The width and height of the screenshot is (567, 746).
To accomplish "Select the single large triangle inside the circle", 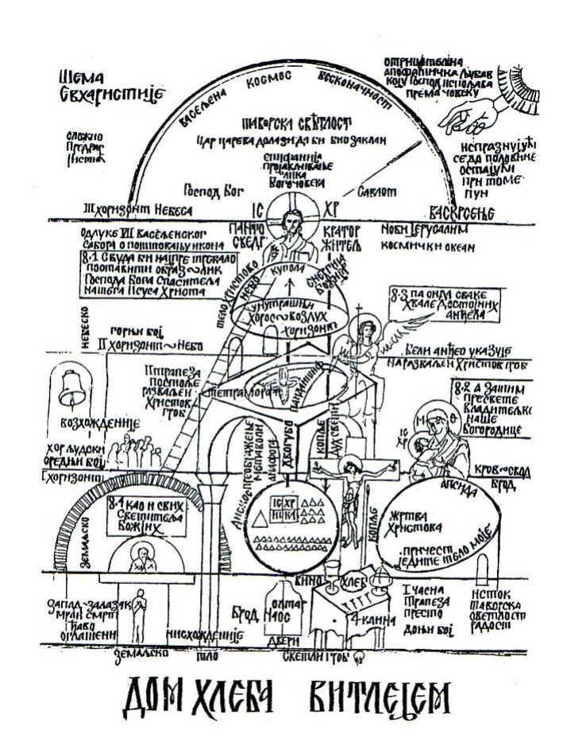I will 260,518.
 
